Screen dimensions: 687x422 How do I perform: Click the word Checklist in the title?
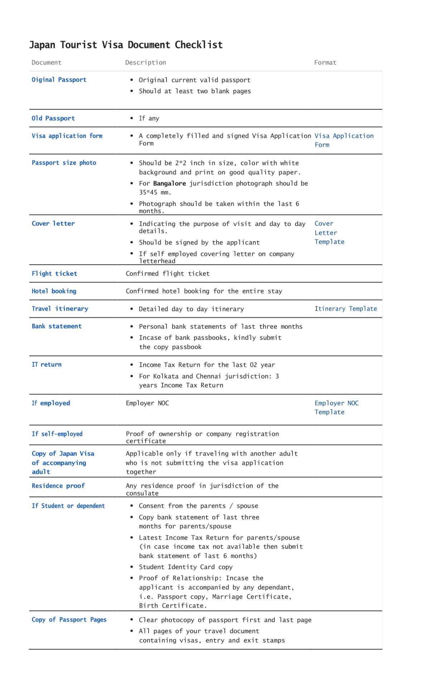coord(199,45)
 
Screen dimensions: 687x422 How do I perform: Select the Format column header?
coord(325,63)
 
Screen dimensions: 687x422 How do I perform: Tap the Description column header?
coord(145,63)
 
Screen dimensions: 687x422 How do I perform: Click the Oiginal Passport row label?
coord(59,80)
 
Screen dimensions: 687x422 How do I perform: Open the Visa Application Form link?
coord(344,140)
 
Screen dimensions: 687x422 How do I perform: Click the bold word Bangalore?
coord(169,183)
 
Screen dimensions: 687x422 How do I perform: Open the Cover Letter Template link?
coord(329,233)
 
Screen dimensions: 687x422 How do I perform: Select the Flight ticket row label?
coord(54,274)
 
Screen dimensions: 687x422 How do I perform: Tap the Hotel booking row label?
coord(54,291)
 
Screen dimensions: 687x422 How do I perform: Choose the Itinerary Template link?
coord(345,309)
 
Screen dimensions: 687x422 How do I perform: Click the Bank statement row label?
coord(57,326)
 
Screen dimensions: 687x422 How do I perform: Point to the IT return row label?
coord(47,365)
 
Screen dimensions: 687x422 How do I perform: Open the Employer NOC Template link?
coord(336,407)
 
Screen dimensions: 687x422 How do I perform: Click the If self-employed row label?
coord(57,434)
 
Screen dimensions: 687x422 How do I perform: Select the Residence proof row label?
coord(58,486)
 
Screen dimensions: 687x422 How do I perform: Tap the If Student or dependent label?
coord(68,506)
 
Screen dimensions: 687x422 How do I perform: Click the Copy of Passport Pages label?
coord(69,620)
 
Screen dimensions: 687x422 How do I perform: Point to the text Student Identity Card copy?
coord(185,567)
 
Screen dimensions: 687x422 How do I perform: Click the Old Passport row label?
coord(53,118)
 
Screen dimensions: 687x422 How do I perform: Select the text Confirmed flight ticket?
coord(168,274)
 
